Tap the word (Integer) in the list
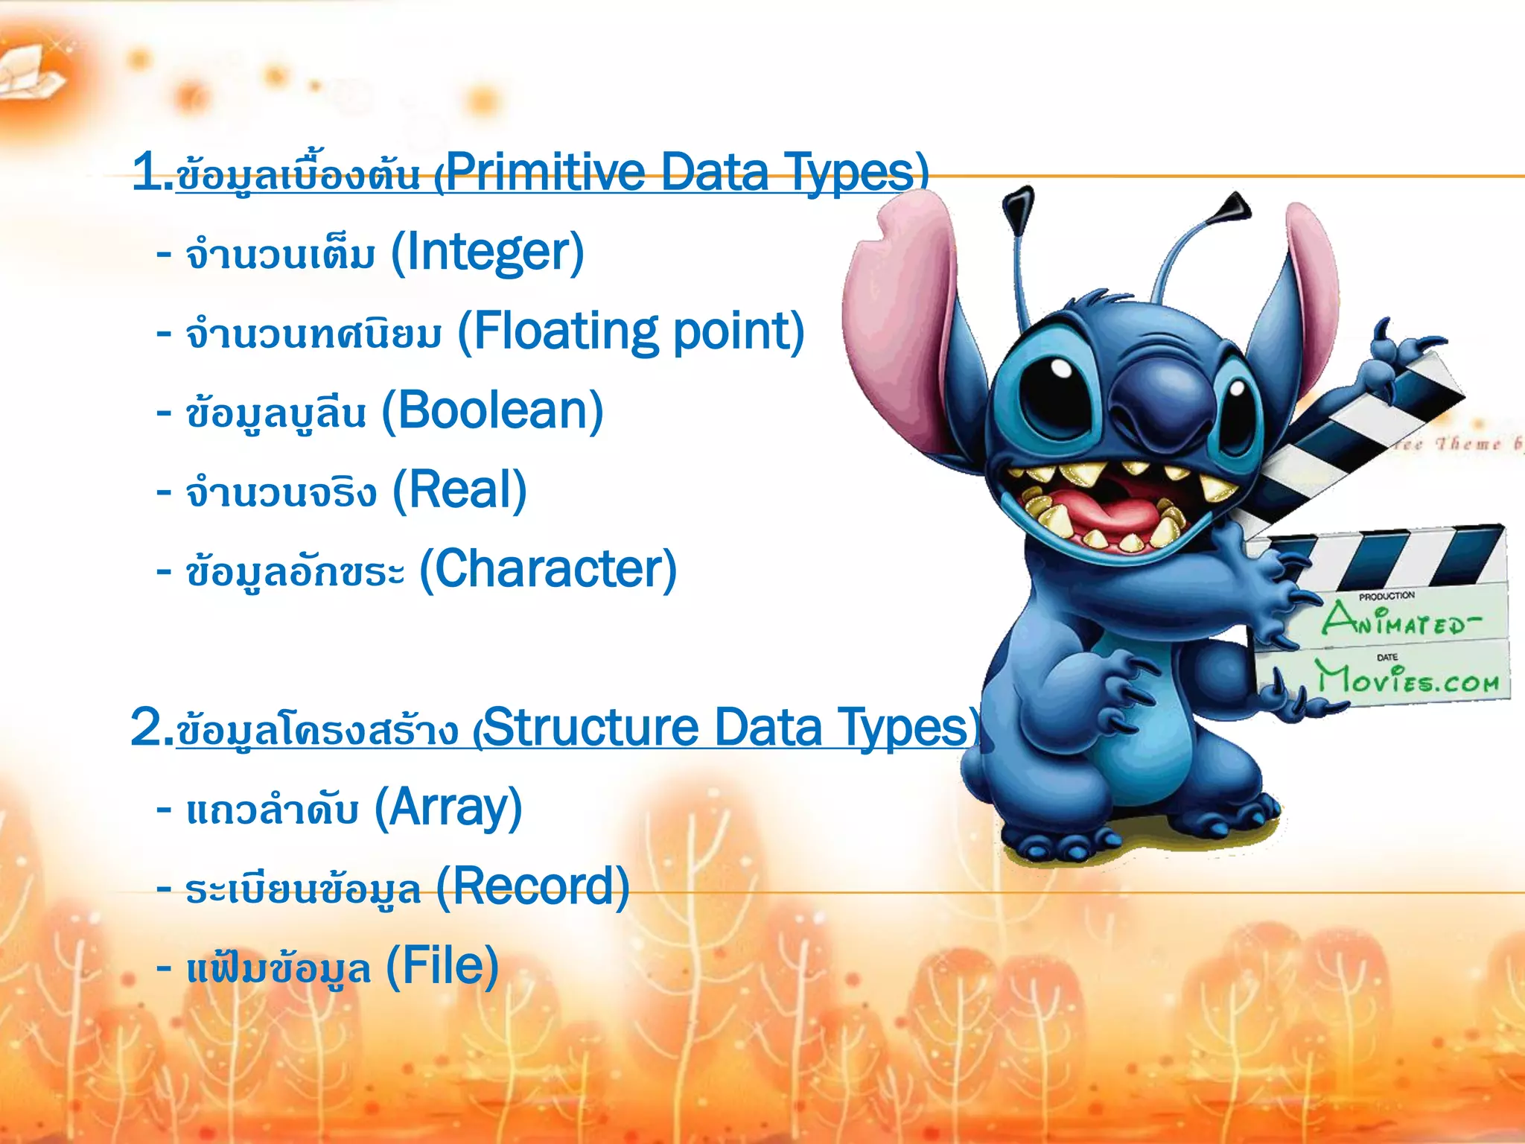487,252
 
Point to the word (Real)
459,490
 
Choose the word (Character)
548,570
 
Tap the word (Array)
448,807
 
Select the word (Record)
532,887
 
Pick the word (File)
442,966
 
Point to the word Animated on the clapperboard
1400,620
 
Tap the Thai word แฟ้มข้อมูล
278,969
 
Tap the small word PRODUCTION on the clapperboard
1386,596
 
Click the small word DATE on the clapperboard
1387,657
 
